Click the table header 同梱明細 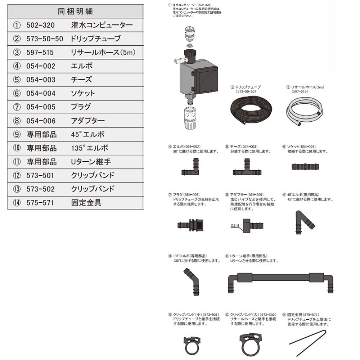(x=75, y=11)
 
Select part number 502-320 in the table (x=40, y=25)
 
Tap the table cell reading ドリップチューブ (x=95, y=39)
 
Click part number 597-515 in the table (x=40, y=53)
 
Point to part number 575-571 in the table (x=40, y=203)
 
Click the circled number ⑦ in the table (x=17, y=107)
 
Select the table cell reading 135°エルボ (x=90, y=148)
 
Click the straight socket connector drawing (x=305, y=167)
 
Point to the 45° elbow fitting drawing (x=304, y=220)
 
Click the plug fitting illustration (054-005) (x=191, y=225)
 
